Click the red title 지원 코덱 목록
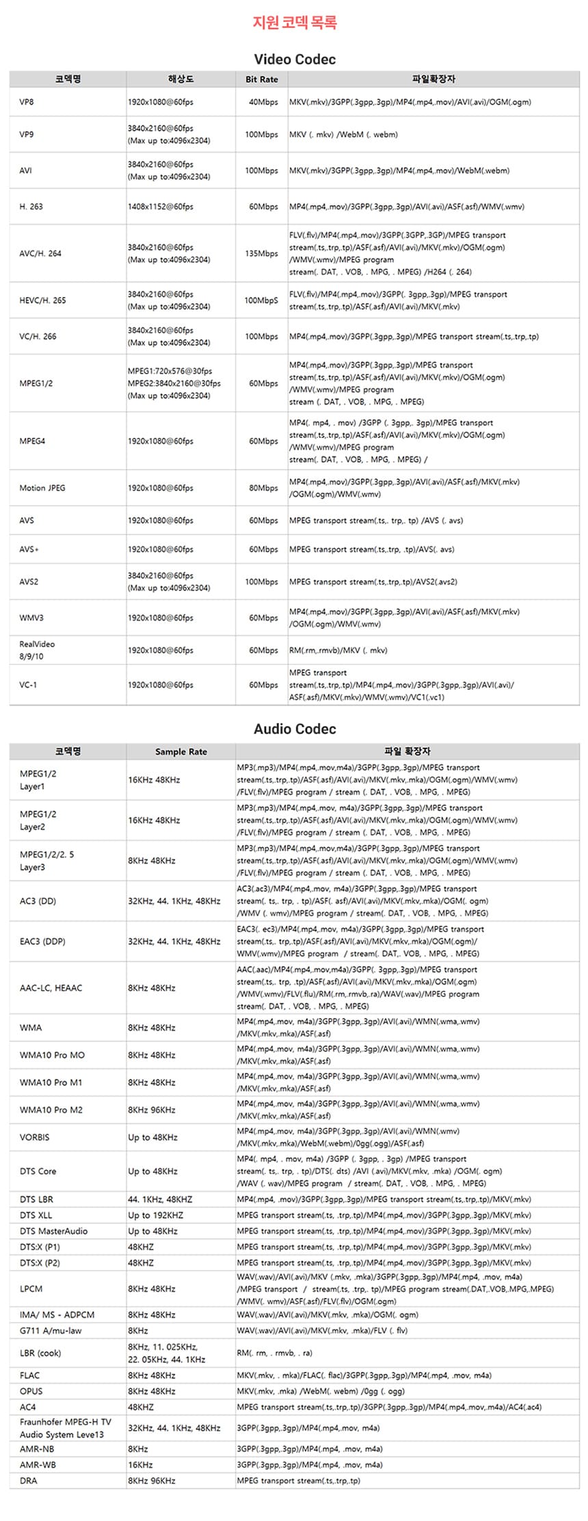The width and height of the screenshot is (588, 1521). tap(294, 23)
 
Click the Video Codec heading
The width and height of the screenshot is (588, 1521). tap(295, 60)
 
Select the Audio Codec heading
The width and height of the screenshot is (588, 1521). tap(295, 729)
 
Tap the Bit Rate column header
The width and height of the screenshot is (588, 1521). tap(262, 79)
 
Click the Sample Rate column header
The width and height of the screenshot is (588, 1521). tap(181, 751)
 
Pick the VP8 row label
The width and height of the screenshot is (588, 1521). tap(27, 102)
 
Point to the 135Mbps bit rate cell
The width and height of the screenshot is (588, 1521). tap(262, 253)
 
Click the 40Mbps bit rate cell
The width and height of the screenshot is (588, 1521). tap(263, 102)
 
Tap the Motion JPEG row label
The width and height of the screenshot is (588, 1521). tap(42, 488)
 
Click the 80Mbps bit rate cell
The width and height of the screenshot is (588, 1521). tap(263, 488)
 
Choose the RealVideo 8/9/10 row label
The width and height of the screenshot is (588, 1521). tap(37, 650)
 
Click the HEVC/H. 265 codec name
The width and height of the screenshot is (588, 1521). tap(43, 300)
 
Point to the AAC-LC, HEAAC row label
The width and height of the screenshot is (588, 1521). tap(51, 988)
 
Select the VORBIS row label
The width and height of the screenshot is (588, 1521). tap(35, 1137)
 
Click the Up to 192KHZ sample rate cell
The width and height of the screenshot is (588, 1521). tap(156, 1215)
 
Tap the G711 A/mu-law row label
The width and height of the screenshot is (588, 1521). tap(51, 1331)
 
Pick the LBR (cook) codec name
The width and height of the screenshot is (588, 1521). tap(40, 1353)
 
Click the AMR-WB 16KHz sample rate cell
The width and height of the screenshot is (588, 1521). tap(140, 1465)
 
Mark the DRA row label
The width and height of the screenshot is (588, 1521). tap(29, 1481)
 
